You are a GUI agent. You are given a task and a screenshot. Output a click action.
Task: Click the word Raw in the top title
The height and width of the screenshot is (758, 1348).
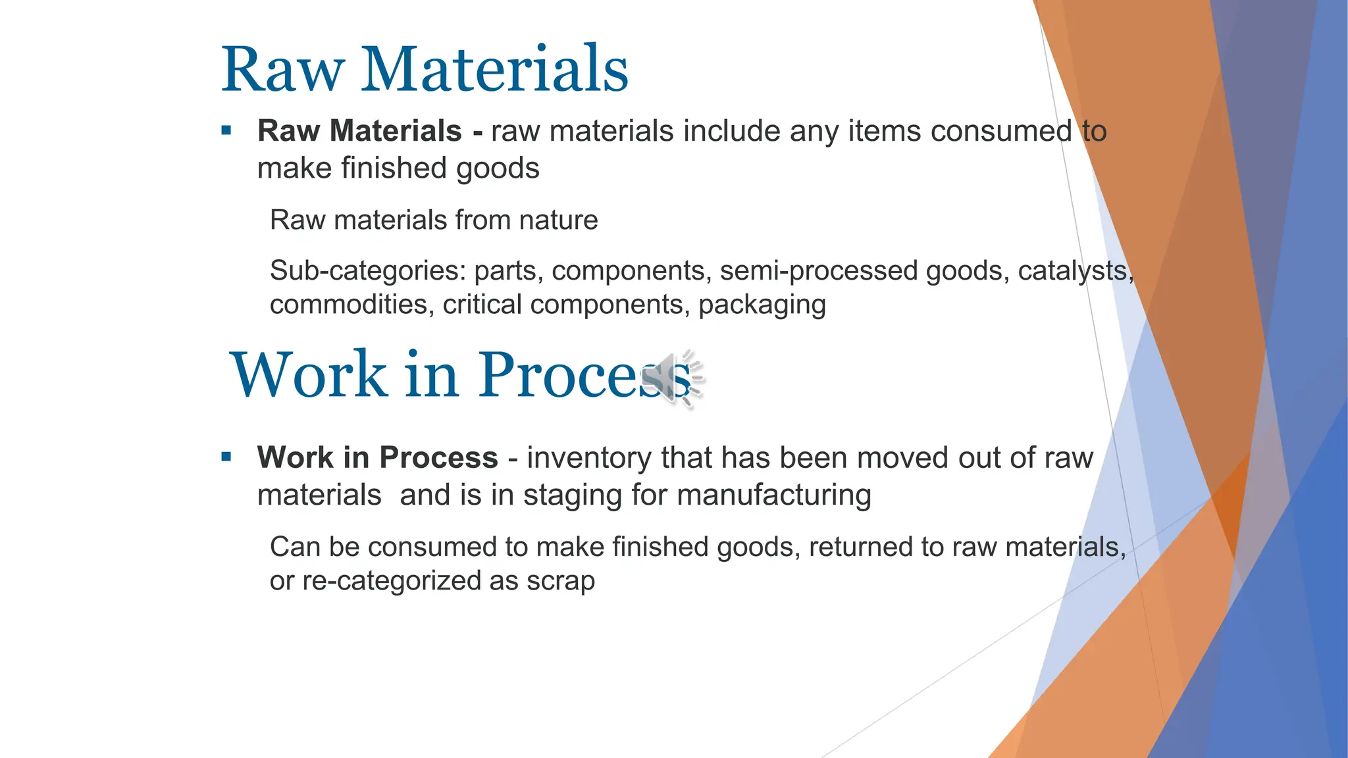pos(283,70)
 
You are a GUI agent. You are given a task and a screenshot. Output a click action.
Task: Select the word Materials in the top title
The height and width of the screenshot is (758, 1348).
pos(494,70)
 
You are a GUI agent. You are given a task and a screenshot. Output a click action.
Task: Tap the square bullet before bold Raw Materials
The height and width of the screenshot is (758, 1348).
pos(227,130)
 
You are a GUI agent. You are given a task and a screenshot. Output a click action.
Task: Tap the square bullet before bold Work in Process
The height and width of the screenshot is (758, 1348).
pos(227,457)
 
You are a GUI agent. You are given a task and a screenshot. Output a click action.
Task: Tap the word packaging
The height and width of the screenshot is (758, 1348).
pos(762,305)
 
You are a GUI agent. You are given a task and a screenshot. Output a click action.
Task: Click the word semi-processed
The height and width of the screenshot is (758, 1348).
pos(818,270)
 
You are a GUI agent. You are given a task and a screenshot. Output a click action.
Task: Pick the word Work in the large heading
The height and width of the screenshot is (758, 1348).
pos(309,374)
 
